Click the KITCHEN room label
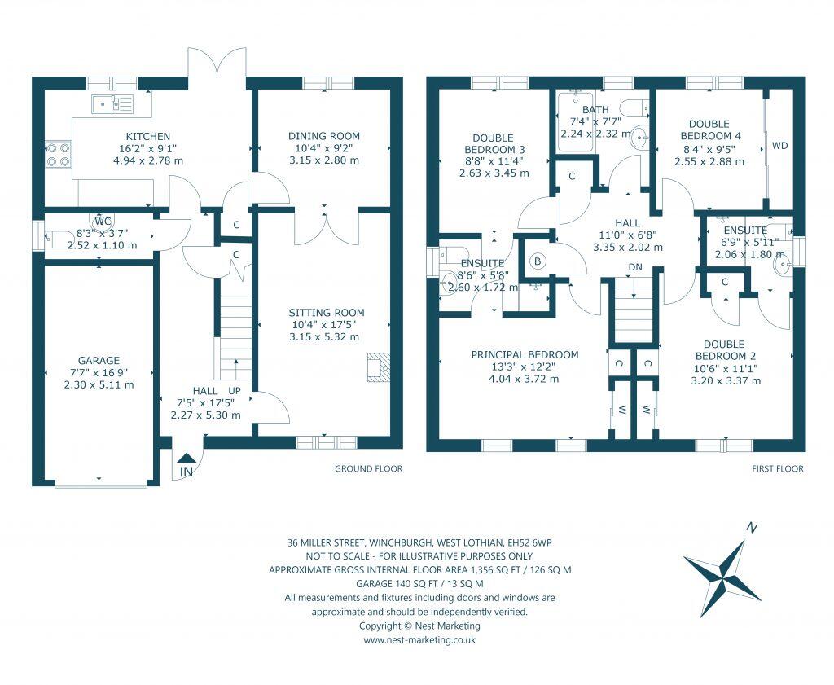[147, 136]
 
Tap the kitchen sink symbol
[112, 103]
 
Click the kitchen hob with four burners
[58, 155]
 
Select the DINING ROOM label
[323, 136]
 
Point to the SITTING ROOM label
[327, 313]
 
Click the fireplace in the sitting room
[379, 367]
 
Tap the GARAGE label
[99, 361]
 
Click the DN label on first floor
[635, 267]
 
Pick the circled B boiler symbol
[537, 261]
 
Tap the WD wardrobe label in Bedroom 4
[779, 147]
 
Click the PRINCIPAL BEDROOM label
[525, 354]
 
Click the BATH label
[595, 110]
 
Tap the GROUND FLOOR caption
[369, 469]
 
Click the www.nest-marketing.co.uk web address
[419, 640]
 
